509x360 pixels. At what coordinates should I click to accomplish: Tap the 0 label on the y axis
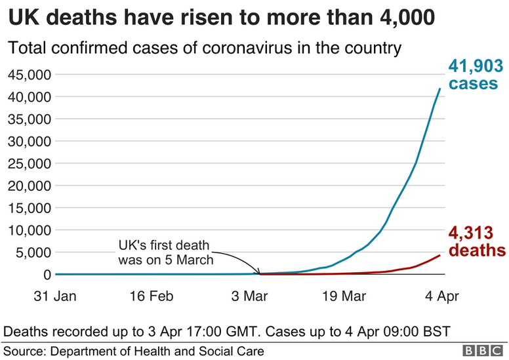coord(45,274)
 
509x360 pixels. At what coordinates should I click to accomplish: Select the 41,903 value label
coord(476,66)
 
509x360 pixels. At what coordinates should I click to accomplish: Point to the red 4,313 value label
coord(471,233)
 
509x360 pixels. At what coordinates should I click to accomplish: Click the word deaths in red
coord(477,250)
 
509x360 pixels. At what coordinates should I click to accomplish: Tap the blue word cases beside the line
coord(474,84)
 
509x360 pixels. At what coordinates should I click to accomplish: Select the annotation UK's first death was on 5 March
coord(165,252)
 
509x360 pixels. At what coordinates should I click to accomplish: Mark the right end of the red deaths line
coord(439,255)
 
